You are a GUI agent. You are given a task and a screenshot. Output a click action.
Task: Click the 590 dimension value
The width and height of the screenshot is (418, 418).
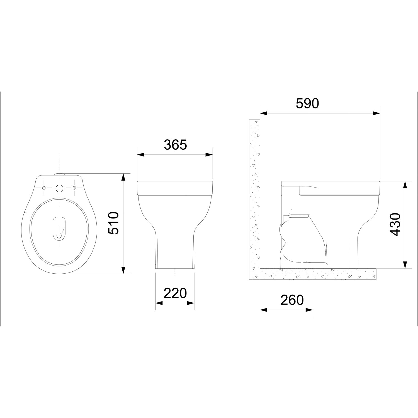[307, 104]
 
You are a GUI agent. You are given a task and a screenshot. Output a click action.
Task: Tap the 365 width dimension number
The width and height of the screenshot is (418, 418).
[175, 145]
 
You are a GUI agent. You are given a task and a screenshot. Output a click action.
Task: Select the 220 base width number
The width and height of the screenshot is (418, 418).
[175, 293]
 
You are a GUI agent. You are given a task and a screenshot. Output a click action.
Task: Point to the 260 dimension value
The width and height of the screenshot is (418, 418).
[292, 300]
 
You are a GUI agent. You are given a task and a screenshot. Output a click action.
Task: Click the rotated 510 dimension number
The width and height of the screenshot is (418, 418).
[113, 223]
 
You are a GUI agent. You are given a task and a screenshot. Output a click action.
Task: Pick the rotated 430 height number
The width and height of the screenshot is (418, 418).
[395, 225]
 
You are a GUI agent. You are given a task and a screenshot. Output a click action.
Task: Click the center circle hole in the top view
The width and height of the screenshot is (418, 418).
[59, 188]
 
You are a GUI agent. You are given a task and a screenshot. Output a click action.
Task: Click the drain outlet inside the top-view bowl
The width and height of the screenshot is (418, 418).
[59, 228]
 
